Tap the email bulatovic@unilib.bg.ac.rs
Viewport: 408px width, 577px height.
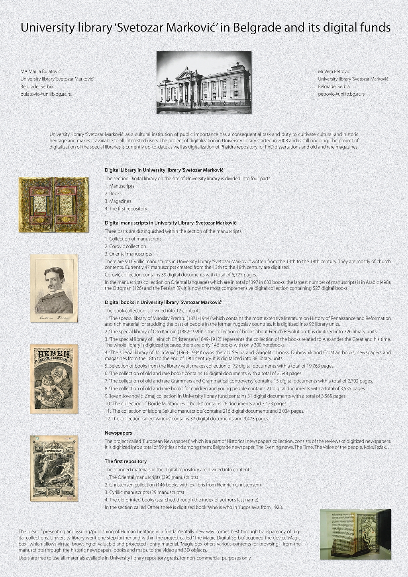click(45, 94)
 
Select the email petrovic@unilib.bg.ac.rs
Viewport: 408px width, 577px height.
click(341, 94)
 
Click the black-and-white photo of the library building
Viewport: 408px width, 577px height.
click(204, 83)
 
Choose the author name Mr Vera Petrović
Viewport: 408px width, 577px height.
click(333, 71)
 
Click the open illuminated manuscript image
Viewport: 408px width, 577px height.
click(53, 205)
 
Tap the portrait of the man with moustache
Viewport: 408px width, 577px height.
click(54, 288)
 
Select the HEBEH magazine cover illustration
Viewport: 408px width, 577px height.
click(54, 379)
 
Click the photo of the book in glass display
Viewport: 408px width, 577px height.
click(355, 534)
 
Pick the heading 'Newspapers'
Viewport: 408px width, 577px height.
click(118, 433)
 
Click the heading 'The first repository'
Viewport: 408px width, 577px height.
click(126, 461)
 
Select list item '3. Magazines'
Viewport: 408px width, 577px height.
click(118, 201)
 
